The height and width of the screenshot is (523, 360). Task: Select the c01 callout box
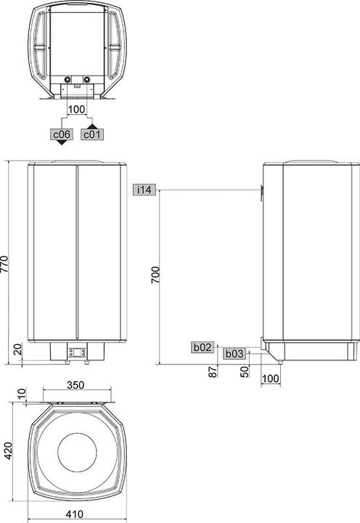tap(93, 134)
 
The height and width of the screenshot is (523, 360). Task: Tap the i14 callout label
tap(144, 190)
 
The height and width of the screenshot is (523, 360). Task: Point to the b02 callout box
tap(202, 348)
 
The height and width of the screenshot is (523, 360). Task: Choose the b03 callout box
tap(233, 354)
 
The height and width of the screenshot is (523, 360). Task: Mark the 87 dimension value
tap(213, 372)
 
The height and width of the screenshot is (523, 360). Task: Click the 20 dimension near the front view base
tap(17, 351)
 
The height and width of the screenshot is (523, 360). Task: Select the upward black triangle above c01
tap(93, 125)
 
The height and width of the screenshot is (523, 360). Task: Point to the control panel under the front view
tap(75, 354)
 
